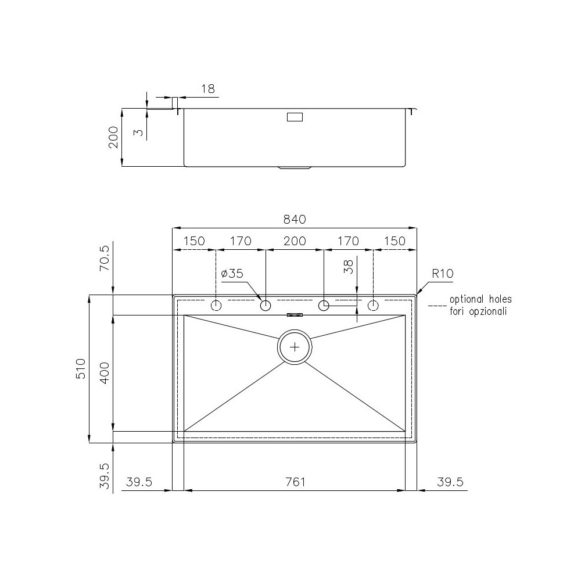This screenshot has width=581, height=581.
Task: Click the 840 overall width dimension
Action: coord(295,220)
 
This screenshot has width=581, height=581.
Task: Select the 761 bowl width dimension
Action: coord(295,482)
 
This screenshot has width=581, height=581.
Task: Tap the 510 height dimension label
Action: coord(81,369)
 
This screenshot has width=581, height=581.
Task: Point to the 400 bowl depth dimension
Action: coord(105,372)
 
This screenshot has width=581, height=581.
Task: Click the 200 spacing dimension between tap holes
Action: coord(295,241)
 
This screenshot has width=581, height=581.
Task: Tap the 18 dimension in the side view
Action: coord(207,89)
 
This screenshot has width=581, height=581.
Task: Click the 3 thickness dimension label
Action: coord(137,132)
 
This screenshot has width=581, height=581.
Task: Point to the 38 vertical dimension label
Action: coord(349,266)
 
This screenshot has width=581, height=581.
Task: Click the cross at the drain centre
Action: coord(295,347)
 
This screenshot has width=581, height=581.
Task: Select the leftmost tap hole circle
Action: coord(216,306)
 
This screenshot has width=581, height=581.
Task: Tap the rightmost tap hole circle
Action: coord(373,306)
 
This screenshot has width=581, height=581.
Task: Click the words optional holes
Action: coord(480,300)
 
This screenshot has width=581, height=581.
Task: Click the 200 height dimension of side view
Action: coord(114,137)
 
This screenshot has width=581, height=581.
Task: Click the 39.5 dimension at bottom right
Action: coord(449,482)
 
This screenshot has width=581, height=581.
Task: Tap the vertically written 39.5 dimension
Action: coord(105,476)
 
